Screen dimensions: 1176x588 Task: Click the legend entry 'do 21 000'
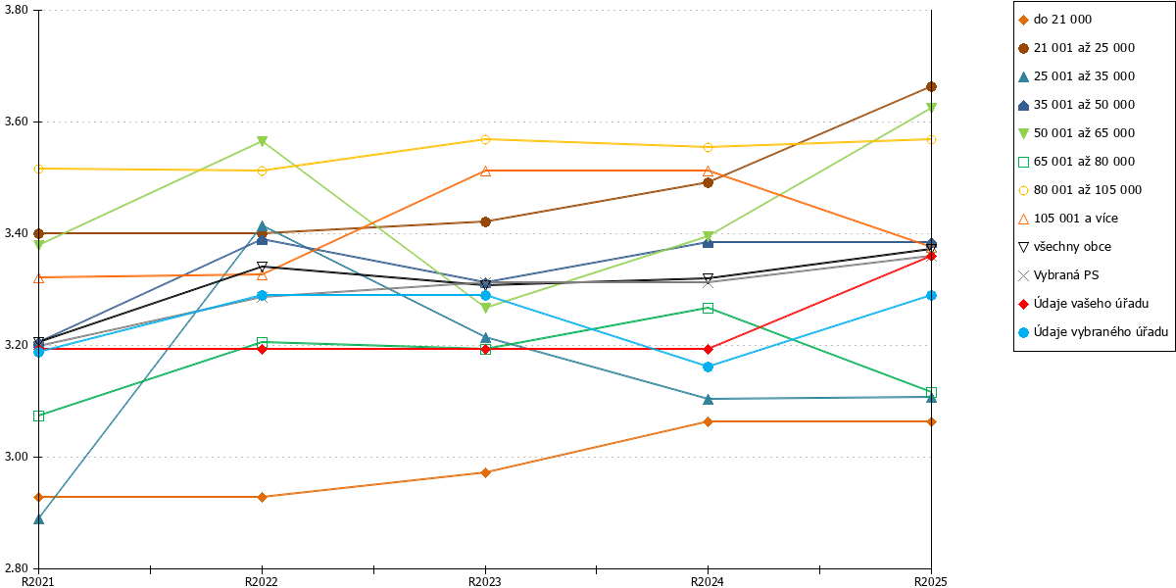click(1054, 20)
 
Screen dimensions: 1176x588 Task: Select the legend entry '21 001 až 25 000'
click(1076, 48)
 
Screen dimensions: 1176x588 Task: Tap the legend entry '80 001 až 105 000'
click(1080, 190)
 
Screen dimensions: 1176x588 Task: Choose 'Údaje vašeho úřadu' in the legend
click(1083, 304)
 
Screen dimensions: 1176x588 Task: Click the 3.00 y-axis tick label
click(16, 457)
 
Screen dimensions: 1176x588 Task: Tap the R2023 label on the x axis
click(484, 581)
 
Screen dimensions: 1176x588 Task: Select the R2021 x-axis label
click(38, 581)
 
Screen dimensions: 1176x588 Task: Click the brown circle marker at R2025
click(931, 86)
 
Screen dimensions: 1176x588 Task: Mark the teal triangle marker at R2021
click(38, 519)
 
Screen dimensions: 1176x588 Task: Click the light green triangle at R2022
click(262, 141)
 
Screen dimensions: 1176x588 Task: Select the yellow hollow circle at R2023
click(486, 139)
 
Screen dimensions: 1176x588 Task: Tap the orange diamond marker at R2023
click(486, 473)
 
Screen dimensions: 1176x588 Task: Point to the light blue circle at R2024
click(708, 367)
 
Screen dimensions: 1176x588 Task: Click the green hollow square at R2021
click(38, 416)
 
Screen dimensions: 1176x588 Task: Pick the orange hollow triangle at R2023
click(486, 171)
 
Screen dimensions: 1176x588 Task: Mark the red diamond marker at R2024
click(708, 349)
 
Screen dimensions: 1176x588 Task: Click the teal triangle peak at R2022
click(262, 226)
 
